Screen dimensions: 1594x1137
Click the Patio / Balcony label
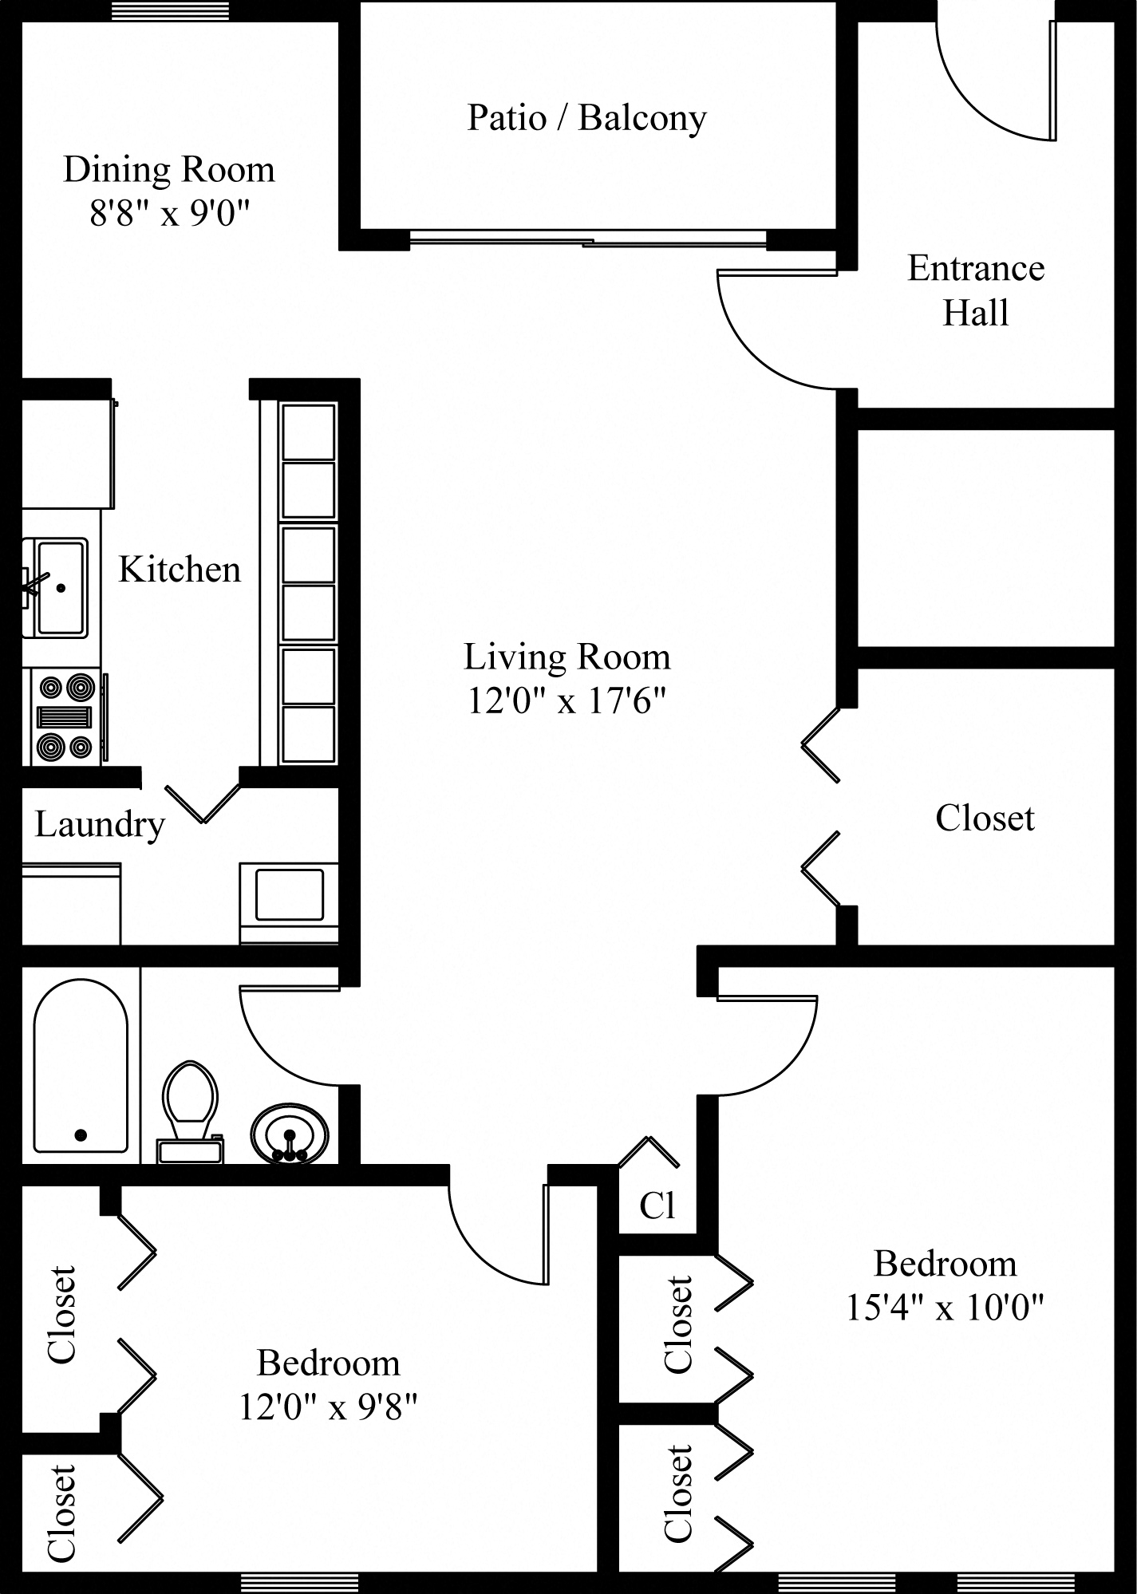(586, 118)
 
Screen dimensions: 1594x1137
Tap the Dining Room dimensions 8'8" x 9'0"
(169, 214)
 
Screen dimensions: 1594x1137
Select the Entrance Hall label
(975, 290)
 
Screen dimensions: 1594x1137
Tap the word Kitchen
(180, 570)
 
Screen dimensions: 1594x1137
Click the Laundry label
(100, 824)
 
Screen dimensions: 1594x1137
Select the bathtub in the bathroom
(80, 1067)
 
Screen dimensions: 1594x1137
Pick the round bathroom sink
(289, 1134)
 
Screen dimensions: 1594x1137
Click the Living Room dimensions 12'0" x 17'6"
(567, 701)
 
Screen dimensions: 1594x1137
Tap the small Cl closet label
(657, 1205)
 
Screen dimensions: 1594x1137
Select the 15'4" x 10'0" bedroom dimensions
(945, 1308)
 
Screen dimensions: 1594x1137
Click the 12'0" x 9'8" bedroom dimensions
(328, 1407)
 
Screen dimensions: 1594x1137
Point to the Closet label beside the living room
(985, 819)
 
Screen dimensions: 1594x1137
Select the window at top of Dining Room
(170, 11)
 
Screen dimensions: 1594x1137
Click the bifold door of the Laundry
(203, 803)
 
